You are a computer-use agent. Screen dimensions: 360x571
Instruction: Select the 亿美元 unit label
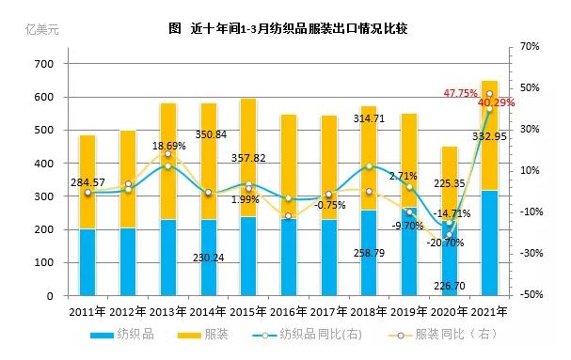(x=42, y=29)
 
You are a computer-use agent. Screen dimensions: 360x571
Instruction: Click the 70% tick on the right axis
(x=529, y=46)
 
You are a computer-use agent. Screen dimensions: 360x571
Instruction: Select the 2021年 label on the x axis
(x=489, y=311)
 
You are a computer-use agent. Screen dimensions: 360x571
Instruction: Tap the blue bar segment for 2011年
(x=87, y=262)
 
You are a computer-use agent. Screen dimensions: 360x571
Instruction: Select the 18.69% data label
(x=169, y=146)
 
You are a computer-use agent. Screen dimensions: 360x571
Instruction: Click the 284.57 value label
(x=86, y=181)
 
